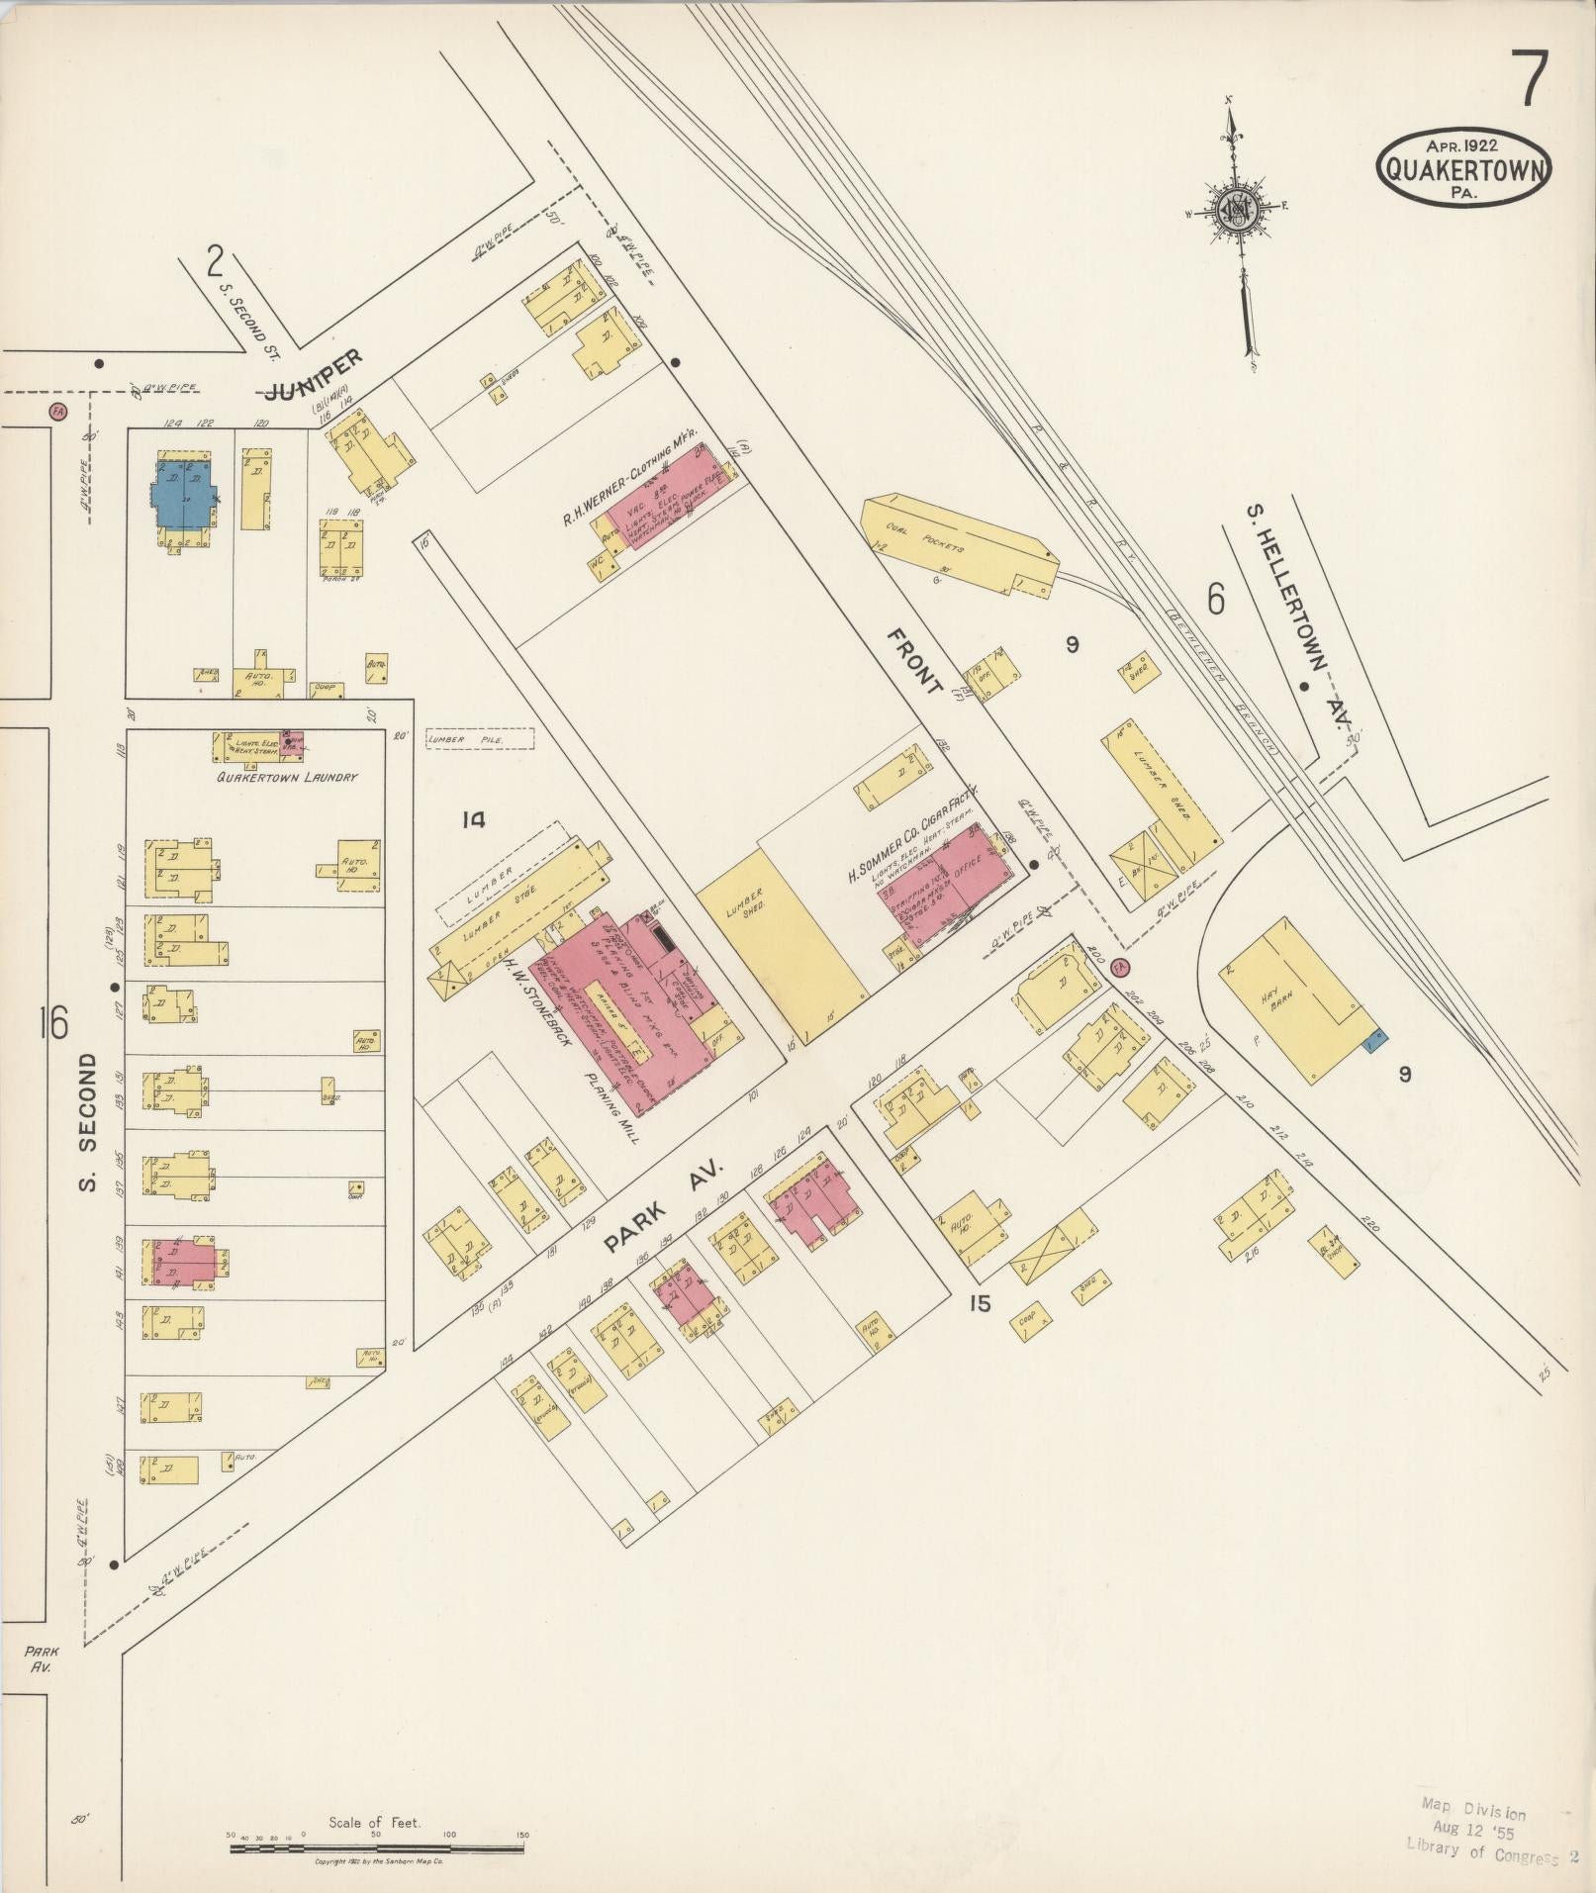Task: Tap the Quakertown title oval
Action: click(x=1463, y=170)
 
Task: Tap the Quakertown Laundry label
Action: click(x=287, y=777)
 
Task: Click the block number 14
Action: click(x=474, y=819)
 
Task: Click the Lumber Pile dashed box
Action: click(x=480, y=738)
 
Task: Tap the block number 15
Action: click(x=979, y=1303)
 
